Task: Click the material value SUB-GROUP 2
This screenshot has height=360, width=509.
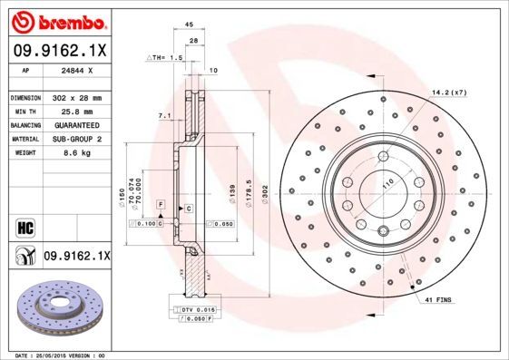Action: tap(76, 139)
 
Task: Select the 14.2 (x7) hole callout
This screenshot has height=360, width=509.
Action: tap(448, 92)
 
